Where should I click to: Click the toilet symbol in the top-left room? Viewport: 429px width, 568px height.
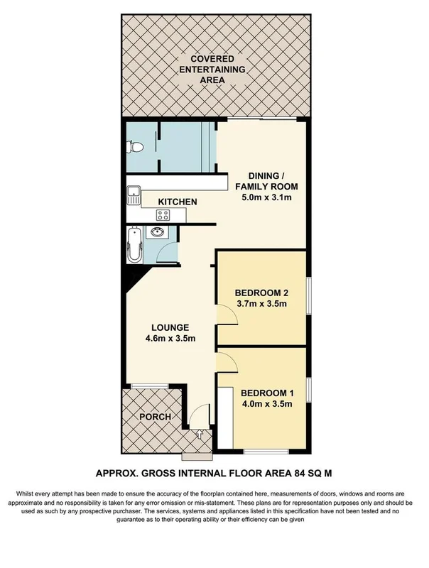134,147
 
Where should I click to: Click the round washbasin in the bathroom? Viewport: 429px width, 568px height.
156,233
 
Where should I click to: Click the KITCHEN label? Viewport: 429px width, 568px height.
177,202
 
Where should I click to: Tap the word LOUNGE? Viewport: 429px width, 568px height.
169,327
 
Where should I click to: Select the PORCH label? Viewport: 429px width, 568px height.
155,417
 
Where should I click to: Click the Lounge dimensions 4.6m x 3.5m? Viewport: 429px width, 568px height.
170,339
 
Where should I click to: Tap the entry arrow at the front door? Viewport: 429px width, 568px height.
200,435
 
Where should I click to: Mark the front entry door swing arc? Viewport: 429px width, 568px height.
202,412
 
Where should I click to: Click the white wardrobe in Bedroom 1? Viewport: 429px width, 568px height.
224,417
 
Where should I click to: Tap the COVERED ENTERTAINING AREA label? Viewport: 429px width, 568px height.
212,70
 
